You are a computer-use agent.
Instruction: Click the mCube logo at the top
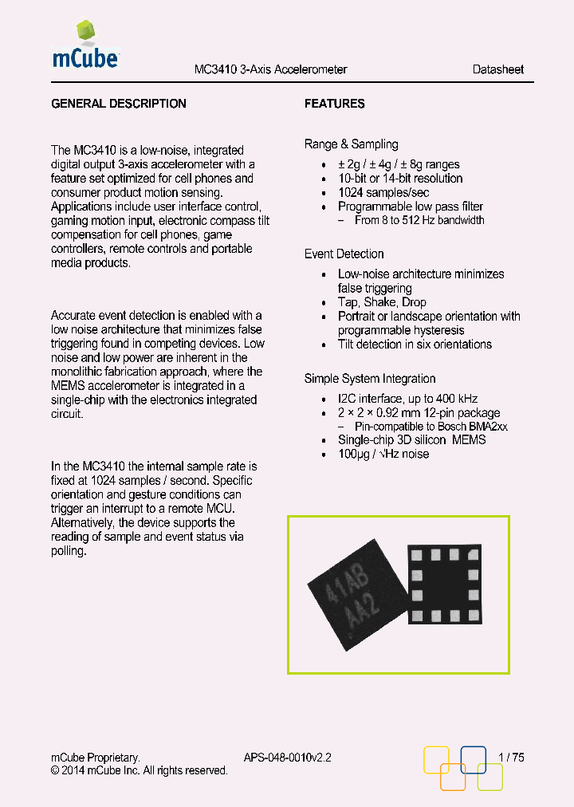pos(85,48)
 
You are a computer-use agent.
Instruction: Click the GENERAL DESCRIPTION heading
pos(119,104)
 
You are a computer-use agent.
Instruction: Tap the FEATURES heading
pos(335,104)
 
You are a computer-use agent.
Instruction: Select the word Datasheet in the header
pos(497,69)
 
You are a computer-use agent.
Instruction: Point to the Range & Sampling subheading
pos(351,144)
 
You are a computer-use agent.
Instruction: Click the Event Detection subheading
pos(344,254)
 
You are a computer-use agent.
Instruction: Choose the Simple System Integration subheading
pos(370,379)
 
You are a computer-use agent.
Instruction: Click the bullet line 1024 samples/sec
pos(383,193)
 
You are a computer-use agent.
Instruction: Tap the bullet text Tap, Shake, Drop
pos(382,302)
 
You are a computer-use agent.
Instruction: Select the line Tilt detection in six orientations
pos(415,344)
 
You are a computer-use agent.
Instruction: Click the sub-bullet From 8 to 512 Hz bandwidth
pos(419,220)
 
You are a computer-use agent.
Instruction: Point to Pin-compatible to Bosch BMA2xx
pos(431,427)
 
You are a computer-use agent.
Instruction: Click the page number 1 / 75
pos(511,758)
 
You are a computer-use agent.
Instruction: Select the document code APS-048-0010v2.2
pos(287,758)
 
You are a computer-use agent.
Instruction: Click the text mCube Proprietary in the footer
pos(96,758)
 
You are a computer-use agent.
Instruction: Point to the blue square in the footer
pos(474,759)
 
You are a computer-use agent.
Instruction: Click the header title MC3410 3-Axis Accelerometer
pos(271,69)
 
